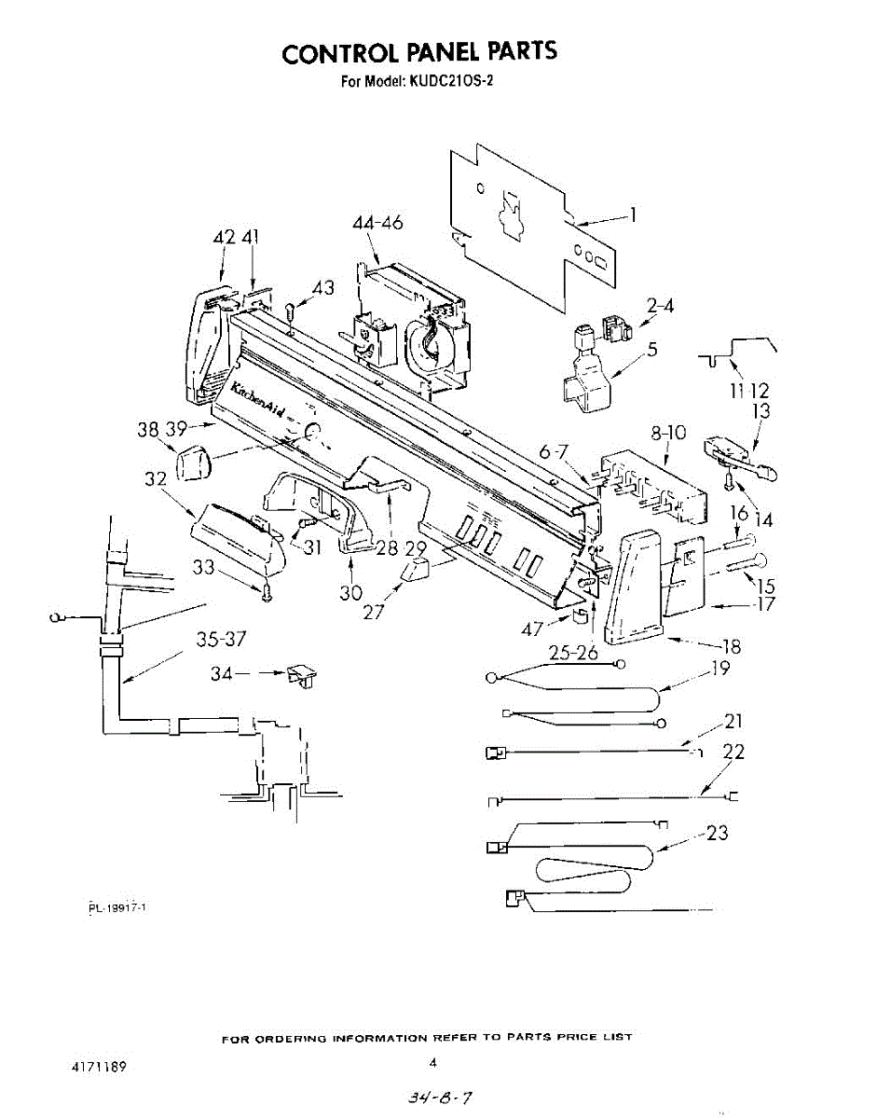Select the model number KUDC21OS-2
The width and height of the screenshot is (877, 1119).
449,80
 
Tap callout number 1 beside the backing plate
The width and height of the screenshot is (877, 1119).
633,215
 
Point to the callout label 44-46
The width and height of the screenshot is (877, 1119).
377,223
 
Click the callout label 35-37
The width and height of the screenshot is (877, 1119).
222,640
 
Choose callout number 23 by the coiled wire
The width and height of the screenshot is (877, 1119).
716,833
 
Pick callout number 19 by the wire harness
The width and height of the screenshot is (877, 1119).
719,668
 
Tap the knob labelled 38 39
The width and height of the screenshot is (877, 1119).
192,462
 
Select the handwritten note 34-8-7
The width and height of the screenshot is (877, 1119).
432,1098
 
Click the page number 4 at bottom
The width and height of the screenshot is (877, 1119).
433,1062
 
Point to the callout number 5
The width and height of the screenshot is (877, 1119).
652,351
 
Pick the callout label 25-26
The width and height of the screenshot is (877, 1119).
572,654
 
